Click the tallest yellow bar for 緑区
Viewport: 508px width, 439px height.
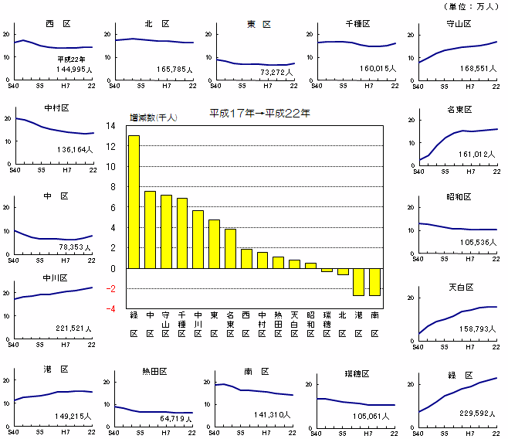coord(134,201)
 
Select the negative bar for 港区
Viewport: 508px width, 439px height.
coord(358,281)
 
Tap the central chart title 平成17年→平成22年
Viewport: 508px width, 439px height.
coord(260,113)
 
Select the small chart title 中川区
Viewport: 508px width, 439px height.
coord(56,277)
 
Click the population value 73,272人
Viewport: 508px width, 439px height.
coord(277,71)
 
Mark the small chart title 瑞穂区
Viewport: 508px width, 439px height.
coord(357,374)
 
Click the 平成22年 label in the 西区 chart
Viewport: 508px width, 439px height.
coord(72,59)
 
